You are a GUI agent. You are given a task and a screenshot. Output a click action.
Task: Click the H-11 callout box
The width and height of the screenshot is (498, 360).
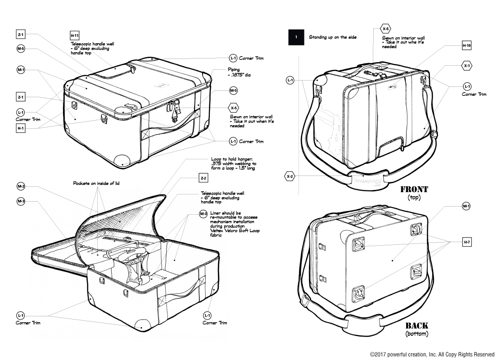tap(75, 36)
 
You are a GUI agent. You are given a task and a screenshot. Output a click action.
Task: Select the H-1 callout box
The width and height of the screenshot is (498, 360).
tap(21, 128)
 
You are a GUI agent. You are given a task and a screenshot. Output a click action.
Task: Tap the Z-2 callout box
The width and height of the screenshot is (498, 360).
tap(204, 178)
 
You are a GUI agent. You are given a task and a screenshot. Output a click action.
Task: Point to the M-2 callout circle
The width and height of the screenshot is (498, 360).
tap(21, 186)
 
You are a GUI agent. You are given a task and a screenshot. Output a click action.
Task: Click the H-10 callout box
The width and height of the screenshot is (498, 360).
tap(467, 45)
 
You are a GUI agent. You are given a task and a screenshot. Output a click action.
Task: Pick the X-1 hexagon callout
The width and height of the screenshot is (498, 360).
tap(467, 66)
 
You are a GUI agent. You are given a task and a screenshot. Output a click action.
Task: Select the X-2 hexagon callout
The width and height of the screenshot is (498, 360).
tap(290, 176)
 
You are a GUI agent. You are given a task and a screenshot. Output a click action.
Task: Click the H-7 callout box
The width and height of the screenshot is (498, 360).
tap(467, 243)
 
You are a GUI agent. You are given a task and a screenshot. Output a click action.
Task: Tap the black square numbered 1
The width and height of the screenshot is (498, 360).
tap(296, 37)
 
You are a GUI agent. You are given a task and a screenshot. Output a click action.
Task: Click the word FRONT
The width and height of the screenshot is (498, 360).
tap(414, 189)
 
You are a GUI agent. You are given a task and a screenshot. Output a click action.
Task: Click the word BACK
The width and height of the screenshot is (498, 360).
tap(417, 325)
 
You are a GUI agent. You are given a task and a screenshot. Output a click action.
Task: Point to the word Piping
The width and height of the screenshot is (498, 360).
tap(234, 70)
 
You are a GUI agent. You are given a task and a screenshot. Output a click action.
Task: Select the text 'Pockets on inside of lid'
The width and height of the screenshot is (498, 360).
tap(96, 183)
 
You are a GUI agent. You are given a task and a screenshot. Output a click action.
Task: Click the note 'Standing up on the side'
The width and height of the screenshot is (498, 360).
tap(332, 37)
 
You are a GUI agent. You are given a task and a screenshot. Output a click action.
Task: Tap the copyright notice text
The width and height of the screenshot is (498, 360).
tap(432, 354)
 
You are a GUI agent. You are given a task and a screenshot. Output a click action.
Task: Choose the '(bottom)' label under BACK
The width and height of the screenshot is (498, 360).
tap(417, 334)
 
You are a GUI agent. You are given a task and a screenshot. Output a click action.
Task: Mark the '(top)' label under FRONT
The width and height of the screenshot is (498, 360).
tap(414, 198)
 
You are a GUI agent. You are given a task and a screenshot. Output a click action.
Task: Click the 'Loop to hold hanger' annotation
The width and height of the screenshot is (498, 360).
tap(234, 163)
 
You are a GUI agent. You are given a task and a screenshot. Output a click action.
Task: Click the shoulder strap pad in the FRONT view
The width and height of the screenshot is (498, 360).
tap(369, 180)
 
